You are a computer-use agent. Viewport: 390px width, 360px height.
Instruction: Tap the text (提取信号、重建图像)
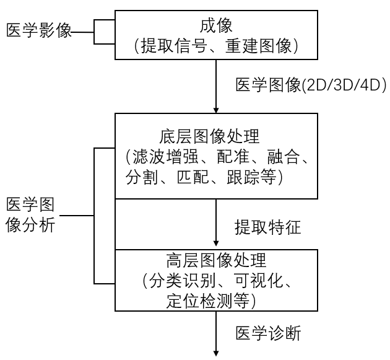click(217, 45)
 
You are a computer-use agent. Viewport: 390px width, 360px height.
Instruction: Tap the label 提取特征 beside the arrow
click(268, 227)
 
